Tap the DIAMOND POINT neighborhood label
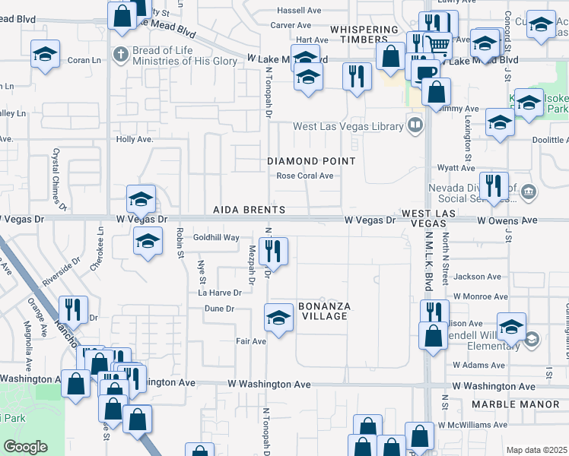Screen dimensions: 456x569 click(x=311, y=161)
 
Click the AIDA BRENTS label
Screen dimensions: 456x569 click(x=249, y=210)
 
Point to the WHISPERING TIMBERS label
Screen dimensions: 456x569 click(x=364, y=34)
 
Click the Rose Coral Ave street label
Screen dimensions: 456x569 click(x=305, y=176)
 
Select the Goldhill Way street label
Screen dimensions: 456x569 click(x=216, y=238)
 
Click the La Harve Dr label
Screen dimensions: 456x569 click(x=220, y=292)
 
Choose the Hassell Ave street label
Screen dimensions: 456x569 click(x=300, y=11)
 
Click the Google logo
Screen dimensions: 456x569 click(x=25, y=447)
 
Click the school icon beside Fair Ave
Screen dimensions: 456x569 click(x=279, y=317)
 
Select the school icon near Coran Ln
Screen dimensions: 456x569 click(x=45, y=54)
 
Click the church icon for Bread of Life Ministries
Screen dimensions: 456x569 click(x=120, y=55)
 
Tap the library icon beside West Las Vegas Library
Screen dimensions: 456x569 click(x=415, y=124)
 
